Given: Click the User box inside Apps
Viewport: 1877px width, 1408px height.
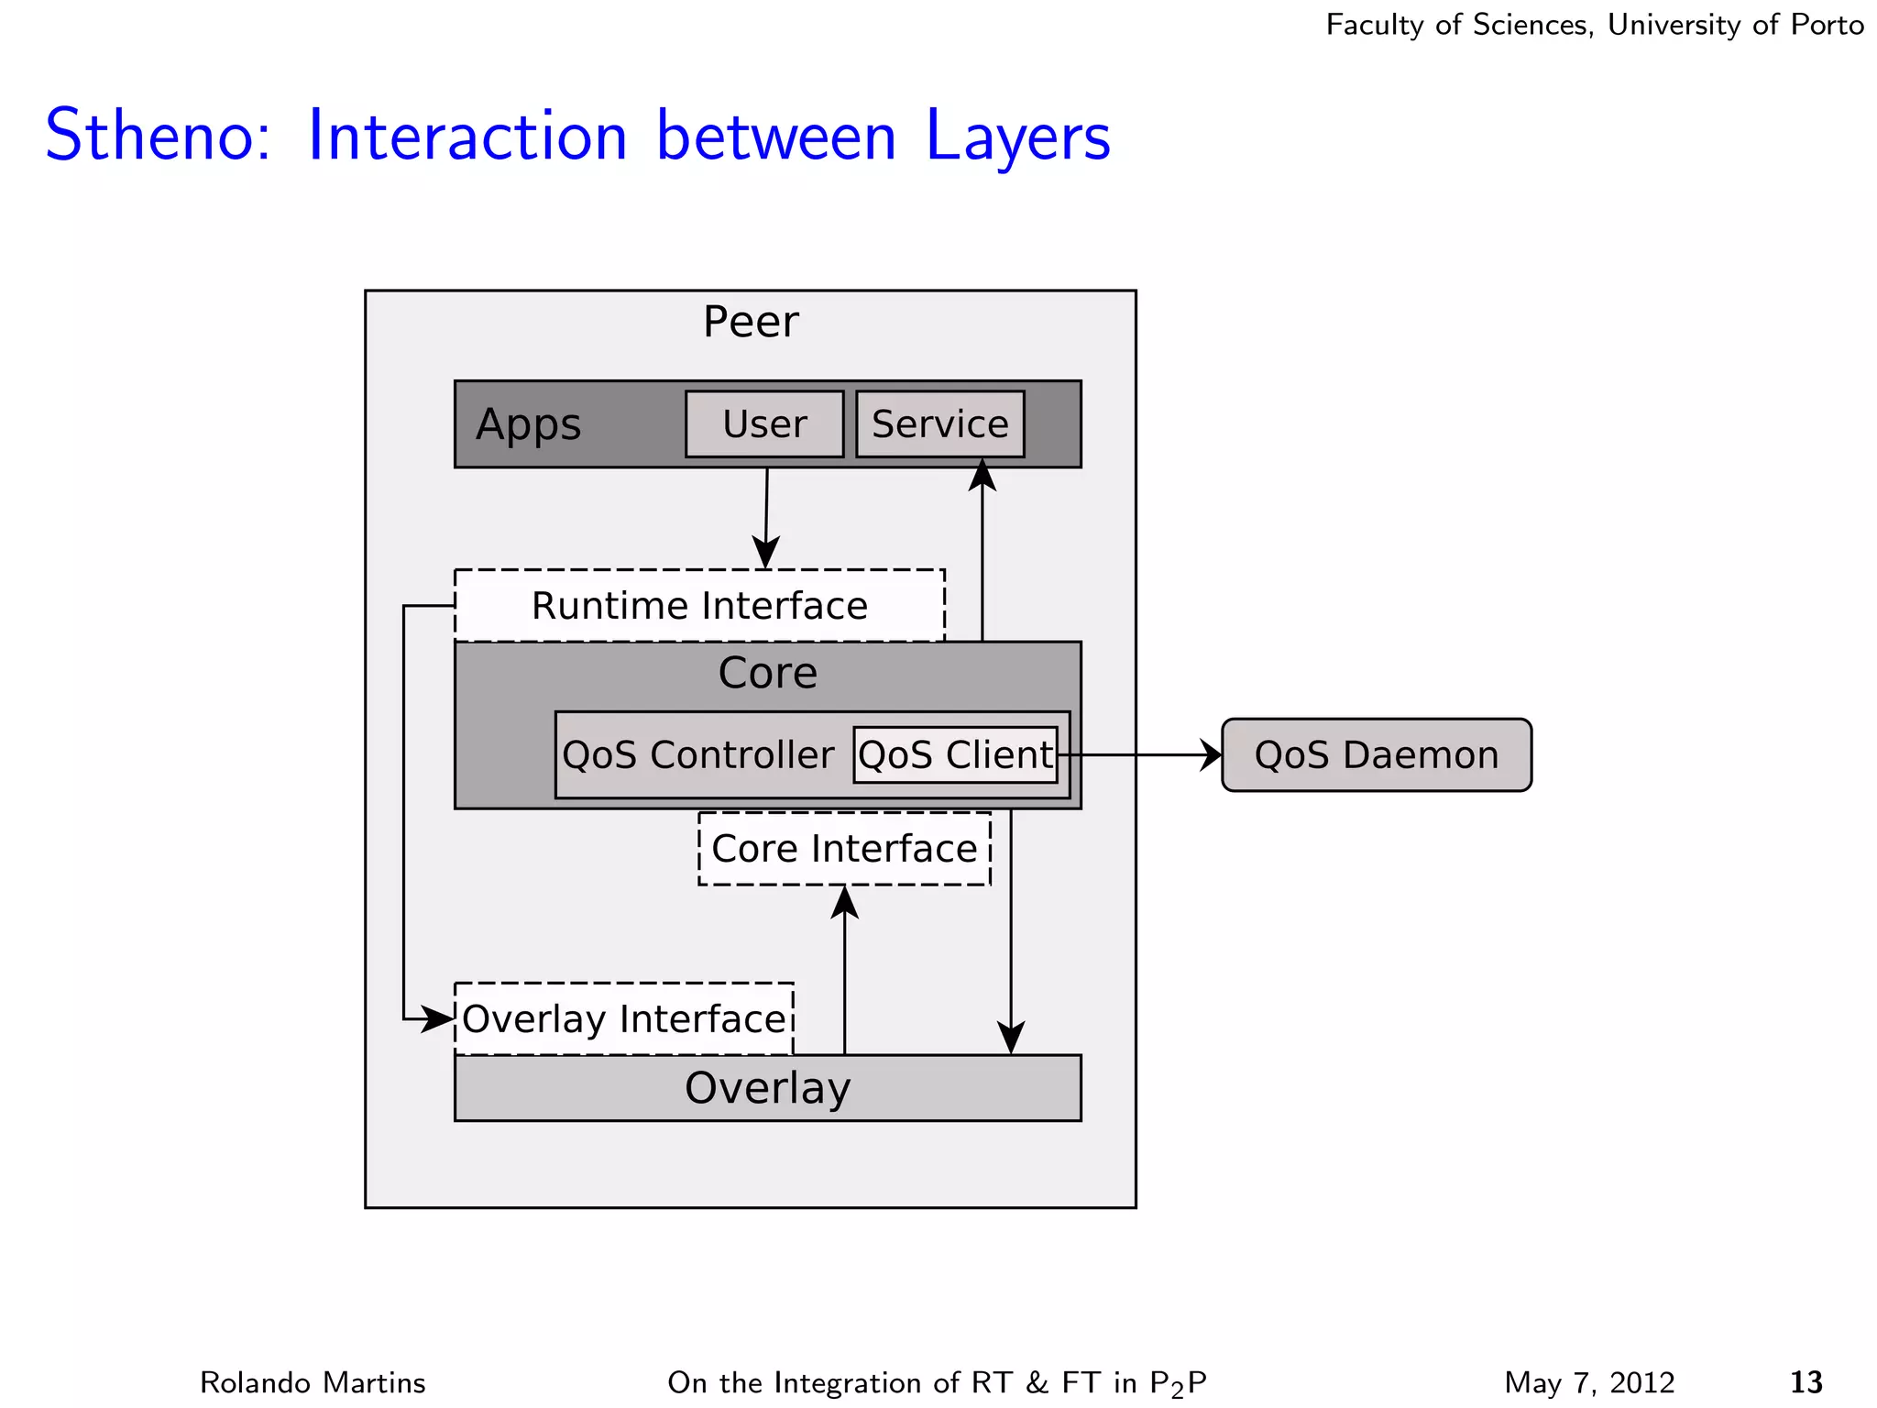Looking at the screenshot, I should (764, 424).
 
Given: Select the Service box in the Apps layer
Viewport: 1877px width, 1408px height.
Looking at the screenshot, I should (939, 424).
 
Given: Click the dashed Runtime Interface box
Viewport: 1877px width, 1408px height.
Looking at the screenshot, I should (699, 606).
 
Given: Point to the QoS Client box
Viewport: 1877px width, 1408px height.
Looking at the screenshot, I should (955, 755).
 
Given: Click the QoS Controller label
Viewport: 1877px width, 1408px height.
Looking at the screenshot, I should (698, 755).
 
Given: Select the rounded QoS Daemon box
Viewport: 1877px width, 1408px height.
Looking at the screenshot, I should (1376, 755).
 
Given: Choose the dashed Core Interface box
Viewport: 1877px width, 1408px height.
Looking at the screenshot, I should (844, 849).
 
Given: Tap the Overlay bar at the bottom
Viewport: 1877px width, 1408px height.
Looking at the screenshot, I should (767, 1089).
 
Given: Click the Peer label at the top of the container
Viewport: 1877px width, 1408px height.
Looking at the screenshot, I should (751, 322).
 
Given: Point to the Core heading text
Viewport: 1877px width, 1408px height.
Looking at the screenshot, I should (767, 674).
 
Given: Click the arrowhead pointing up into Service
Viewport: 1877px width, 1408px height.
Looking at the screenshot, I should (982, 476).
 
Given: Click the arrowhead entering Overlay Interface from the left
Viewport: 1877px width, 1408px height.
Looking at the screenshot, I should (438, 1019).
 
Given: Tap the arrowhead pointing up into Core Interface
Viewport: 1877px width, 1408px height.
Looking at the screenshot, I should (844, 902).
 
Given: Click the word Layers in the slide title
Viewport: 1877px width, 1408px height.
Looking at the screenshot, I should (1017, 136).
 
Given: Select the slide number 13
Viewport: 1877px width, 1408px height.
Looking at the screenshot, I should (1806, 1381).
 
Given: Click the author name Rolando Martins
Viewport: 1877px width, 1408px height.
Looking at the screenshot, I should (313, 1382).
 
